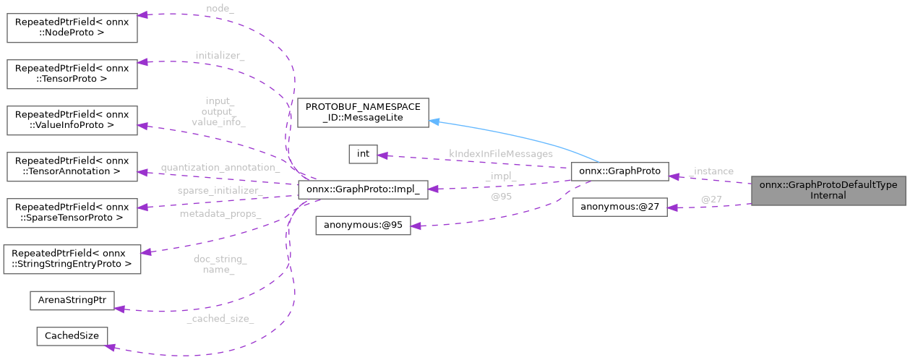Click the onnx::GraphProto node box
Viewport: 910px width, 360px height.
pos(619,172)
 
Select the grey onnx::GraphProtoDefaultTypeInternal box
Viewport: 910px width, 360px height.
pos(830,190)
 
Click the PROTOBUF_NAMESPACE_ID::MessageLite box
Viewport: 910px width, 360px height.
pos(364,112)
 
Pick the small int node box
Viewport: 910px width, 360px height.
pos(363,154)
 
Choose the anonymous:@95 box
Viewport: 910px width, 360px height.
pos(363,226)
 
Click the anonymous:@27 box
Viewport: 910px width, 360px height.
pos(619,208)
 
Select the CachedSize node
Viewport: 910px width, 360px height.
pos(72,336)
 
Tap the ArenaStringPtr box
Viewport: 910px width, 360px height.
pos(72,301)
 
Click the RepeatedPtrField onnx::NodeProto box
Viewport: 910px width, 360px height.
pos(72,26)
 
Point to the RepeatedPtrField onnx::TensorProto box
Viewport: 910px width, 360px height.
pos(72,74)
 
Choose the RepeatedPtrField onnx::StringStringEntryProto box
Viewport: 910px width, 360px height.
pos(72,260)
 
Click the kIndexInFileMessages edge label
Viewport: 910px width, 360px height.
pos(500,154)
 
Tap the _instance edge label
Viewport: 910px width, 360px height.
pos(712,171)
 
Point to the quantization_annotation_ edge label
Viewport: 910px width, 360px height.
pos(220,168)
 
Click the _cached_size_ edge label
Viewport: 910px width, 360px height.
pos(220,318)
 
